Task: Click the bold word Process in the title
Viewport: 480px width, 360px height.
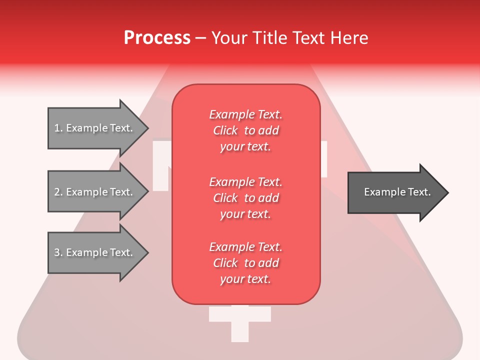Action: tap(157, 38)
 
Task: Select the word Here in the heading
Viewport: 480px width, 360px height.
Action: tap(350, 38)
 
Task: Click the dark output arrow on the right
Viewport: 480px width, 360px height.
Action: tap(395, 192)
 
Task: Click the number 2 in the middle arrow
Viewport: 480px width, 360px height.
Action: tap(57, 192)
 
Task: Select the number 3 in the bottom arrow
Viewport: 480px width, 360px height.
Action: tap(57, 252)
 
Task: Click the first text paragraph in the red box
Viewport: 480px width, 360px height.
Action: tap(245, 130)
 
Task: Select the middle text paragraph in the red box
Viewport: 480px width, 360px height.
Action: tap(245, 198)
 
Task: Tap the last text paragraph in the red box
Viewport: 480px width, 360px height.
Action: tap(245, 263)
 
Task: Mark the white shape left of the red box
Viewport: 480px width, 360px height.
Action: tap(161, 165)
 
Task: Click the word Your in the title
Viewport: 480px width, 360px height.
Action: tap(229, 38)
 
